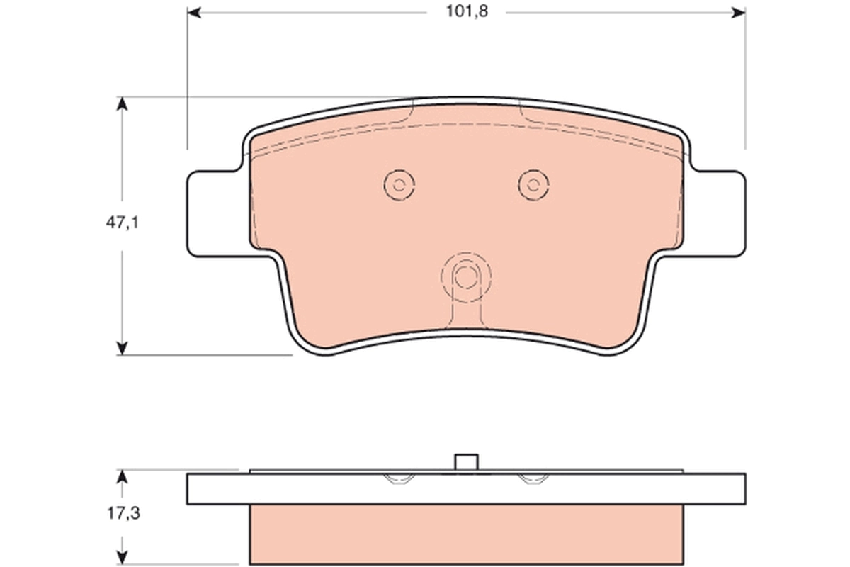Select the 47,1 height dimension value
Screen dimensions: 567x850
coord(122,223)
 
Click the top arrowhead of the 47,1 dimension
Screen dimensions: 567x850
coord(123,103)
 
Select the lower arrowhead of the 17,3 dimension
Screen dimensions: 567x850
coord(123,560)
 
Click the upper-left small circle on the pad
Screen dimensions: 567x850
coord(399,185)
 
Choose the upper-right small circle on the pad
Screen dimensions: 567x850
coord(533,185)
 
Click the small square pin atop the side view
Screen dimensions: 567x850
coord(465,462)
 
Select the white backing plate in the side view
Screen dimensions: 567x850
coord(465,489)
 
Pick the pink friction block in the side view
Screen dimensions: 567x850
coord(465,535)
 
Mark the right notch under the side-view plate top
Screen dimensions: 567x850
coord(533,479)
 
